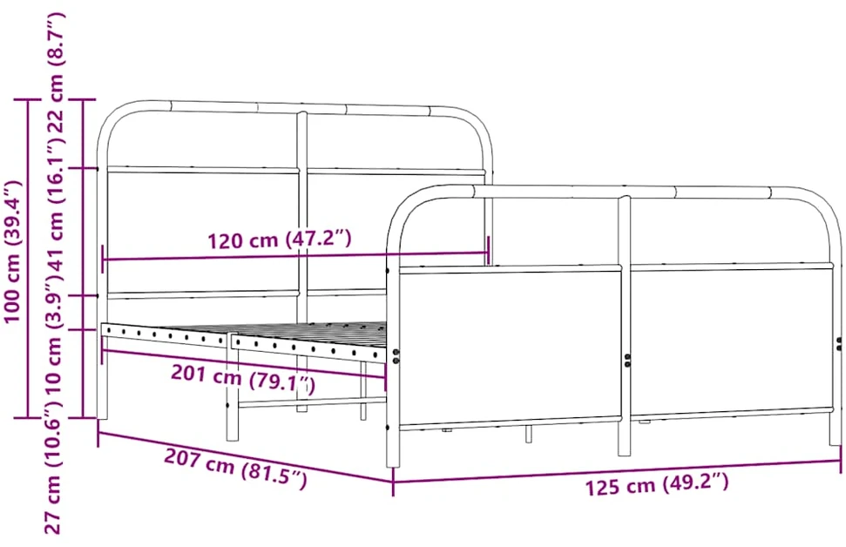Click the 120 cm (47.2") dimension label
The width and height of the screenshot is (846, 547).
click(x=280, y=240)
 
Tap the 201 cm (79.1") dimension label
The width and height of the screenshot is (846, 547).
click(x=243, y=379)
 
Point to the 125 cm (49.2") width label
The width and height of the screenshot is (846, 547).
click(x=657, y=484)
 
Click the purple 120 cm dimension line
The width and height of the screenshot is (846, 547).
click(x=295, y=256)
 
